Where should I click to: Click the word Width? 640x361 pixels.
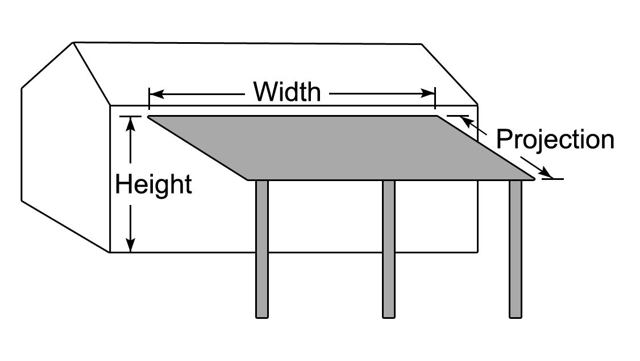point(287,92)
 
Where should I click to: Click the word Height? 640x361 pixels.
point(153,184)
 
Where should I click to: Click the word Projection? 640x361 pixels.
point(555,139)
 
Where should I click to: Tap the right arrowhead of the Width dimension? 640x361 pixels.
point(428,94)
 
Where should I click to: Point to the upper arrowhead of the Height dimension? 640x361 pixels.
point(130,124)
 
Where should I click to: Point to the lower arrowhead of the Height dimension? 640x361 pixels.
point(130,244)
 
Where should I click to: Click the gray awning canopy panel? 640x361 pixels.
point(341,148)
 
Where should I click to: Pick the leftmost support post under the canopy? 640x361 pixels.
point(262,249)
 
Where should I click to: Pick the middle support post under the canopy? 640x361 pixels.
point(389,249)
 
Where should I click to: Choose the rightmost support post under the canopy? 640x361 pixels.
point(516,249)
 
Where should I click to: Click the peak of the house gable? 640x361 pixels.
point(73,43)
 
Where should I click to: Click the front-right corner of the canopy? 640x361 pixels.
point(535,179)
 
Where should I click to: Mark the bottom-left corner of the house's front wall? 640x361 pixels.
point(110,252)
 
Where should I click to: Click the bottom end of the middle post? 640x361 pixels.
point(389,317)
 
